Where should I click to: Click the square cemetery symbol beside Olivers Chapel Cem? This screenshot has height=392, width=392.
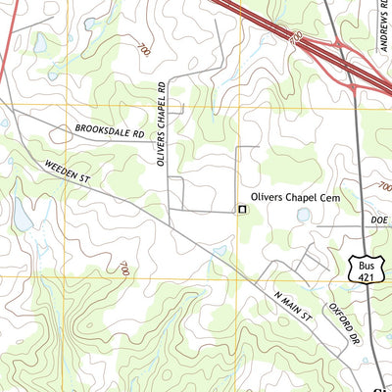(241, 209)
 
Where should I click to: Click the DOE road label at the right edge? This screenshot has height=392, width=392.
(380, 222)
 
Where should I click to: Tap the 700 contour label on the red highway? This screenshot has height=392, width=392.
(295, 36)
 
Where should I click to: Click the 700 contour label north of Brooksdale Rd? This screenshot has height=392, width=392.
(145, 49)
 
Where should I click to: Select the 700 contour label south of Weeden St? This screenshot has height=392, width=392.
(124, 267)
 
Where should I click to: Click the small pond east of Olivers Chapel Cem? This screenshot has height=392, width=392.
(303, 213)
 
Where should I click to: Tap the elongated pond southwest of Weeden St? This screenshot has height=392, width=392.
(22, 216)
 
